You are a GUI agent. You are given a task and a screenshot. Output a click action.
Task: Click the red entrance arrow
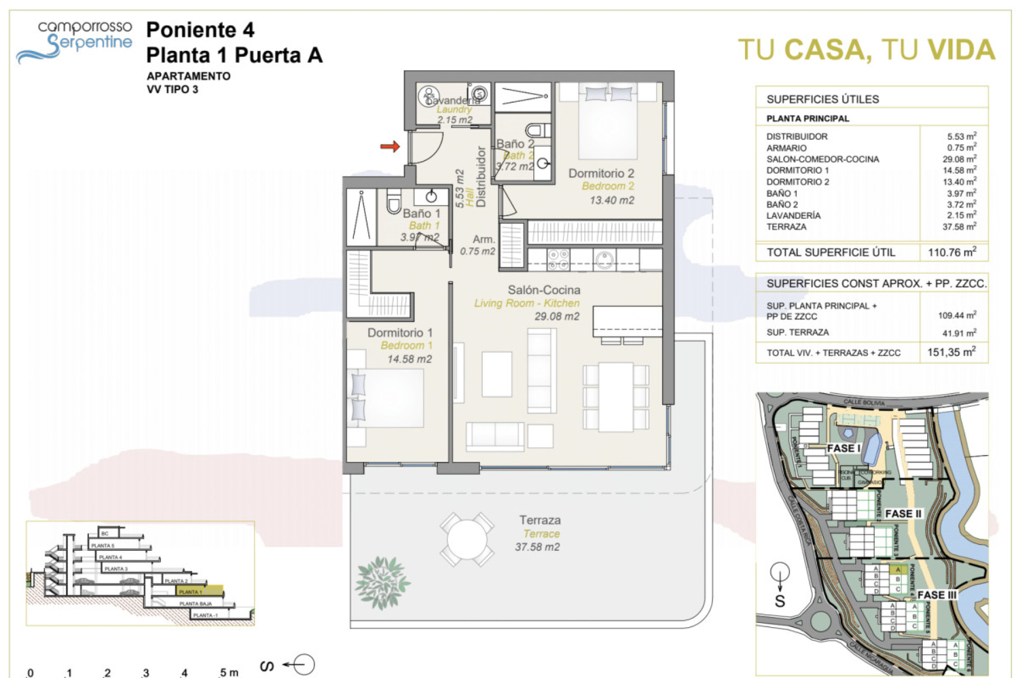[390, 146]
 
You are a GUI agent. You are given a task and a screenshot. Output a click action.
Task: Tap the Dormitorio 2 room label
[601, 173]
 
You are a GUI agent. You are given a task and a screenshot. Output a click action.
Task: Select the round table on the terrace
[467, 539]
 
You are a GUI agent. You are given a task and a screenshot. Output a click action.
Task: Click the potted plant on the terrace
[382, 582]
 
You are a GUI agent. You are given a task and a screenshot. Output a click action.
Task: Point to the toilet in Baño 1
[393, 201]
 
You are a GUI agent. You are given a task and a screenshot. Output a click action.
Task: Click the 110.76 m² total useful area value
[951, 252]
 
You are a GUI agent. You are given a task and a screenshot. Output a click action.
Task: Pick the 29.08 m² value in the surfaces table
[961, 159]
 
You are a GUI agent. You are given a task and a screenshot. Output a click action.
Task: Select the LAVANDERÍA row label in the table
[793, 216]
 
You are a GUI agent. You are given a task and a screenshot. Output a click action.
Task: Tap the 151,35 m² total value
[951, 352]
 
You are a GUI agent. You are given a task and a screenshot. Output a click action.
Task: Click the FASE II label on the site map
[903, 514]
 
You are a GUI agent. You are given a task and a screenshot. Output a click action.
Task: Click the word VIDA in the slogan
[961, 50]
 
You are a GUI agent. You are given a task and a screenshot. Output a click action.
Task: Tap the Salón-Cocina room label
[543, 290]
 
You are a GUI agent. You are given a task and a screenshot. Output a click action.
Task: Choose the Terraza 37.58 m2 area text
[537, 547]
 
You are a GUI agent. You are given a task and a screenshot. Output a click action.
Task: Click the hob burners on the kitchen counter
[558, 259]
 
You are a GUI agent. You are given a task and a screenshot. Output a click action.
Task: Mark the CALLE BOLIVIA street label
[864, 403]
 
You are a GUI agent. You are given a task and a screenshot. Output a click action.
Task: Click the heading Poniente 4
[200, 30]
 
